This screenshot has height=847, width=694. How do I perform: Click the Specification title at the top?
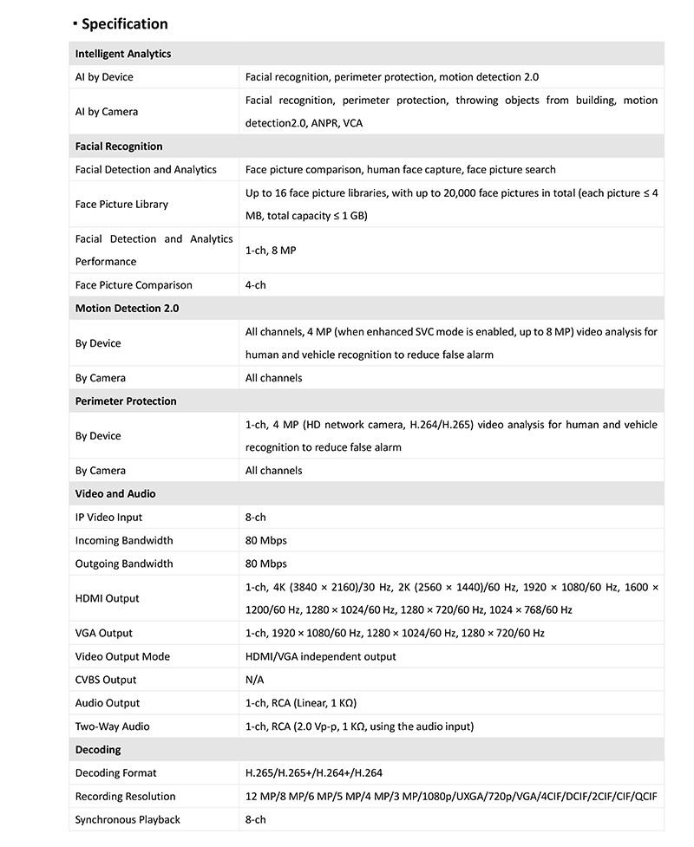[124, 23]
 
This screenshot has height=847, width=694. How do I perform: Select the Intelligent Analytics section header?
[123, 54]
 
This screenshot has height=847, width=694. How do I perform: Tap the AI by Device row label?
[104, 77]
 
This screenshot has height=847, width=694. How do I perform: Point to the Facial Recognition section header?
[119, 147]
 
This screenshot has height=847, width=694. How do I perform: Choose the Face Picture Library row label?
[121, 205]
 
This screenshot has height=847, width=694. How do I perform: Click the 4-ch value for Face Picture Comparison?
[255, 285]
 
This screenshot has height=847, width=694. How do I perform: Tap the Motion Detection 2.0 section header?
[127, 309]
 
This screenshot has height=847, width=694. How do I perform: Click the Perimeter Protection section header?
[126, 401]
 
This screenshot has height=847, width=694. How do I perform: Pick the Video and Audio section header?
[115, 494]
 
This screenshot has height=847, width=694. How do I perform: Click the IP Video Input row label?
[108, 518]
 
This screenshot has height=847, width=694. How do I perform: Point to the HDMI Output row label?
[107, 599]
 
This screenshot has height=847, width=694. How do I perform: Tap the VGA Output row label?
[104, 634]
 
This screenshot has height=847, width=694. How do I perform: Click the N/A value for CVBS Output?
[254, 681]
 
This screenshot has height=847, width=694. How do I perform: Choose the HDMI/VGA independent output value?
[320, 657]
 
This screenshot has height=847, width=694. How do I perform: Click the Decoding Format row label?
[116, 773]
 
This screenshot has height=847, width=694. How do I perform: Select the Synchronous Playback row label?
[128, 820]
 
